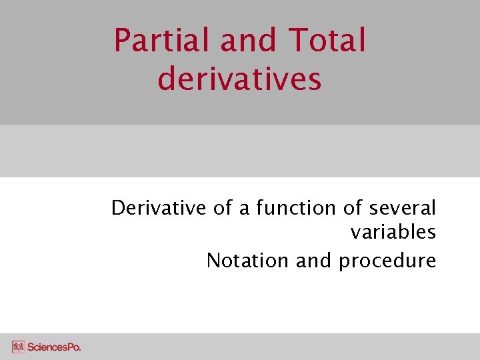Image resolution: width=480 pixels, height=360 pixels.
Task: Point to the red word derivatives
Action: [x=240, y=78]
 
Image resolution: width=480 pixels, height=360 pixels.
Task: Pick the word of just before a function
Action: [x=223, y=208]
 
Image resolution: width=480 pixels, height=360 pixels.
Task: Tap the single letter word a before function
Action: [x=243, y=209]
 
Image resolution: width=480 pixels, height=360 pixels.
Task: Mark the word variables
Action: [x=393, y=233]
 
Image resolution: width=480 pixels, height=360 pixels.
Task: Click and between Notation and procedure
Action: [x=314, y=260]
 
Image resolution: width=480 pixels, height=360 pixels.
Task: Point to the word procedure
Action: [x=387, y=261]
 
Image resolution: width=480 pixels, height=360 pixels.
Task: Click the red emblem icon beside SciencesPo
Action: [x=18, y=347]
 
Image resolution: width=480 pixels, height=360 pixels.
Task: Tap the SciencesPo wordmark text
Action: [x=54, y=347]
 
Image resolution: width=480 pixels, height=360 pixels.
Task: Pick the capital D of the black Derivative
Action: [x=118, y=208]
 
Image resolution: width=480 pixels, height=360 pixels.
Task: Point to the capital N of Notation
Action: [x=214, y=260]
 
